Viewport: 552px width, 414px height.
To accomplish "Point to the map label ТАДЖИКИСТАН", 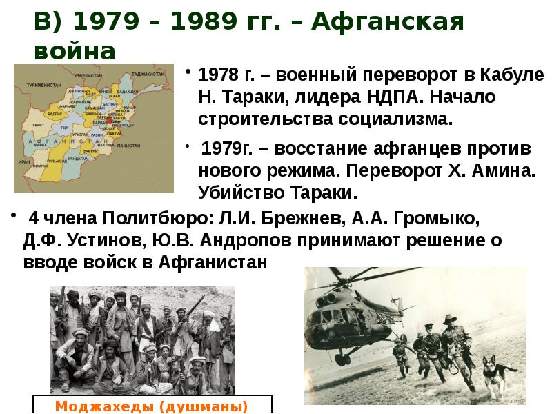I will [148, 73].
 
